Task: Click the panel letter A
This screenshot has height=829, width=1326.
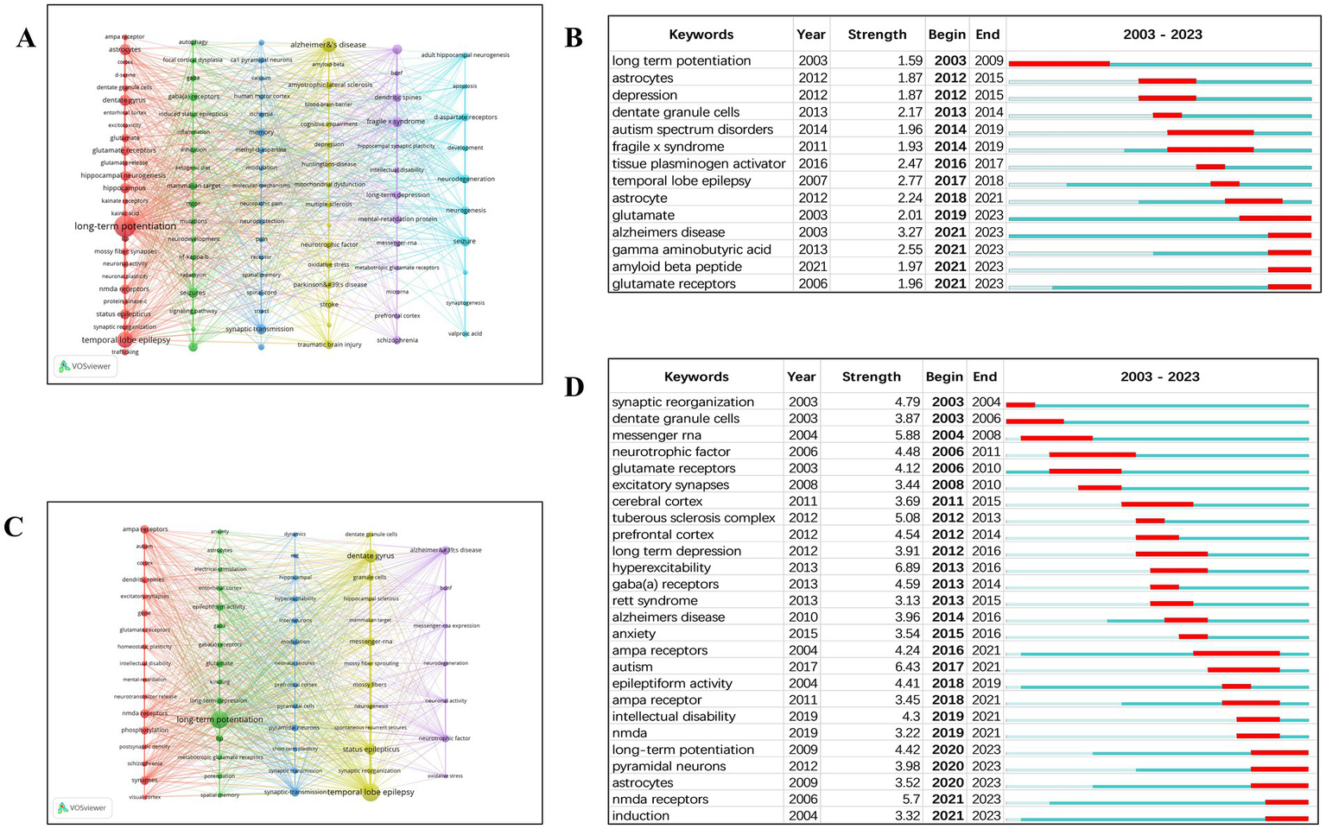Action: click(x=26, y=39)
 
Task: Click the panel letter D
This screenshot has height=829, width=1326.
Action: click(x=574, y=387)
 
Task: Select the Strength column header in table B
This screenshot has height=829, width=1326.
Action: click(x=877, y=35)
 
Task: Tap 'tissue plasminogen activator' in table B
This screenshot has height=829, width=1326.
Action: click(x=699, y=163)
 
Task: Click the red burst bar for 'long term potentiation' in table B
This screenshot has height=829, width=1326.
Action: click(x=1059, y=63)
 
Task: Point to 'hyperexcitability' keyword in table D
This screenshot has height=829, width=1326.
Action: click(x=661, y=567)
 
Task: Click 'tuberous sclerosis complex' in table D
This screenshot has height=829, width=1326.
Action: click(x=694, y=518)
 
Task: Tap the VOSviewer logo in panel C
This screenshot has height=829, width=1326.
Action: click(x=84, y=807)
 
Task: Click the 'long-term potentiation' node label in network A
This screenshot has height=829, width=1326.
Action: click(x=125, y=226)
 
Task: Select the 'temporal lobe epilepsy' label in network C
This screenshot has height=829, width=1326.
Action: click(x=371, y=792)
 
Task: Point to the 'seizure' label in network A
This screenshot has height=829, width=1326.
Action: click(x=464, y=241)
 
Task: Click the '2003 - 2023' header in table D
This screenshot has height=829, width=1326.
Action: click(x=1159, y=377)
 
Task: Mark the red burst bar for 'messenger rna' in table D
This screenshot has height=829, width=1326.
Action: click(x=1056, y=438)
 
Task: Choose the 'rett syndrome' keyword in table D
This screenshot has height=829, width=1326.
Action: click(x=654, y=600)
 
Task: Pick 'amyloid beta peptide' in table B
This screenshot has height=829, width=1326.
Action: click(x=676, y=267)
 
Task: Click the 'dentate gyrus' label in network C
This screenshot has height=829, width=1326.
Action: click(x=370, y=556)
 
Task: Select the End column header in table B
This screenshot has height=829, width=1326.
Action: click(x=987, y=35)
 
